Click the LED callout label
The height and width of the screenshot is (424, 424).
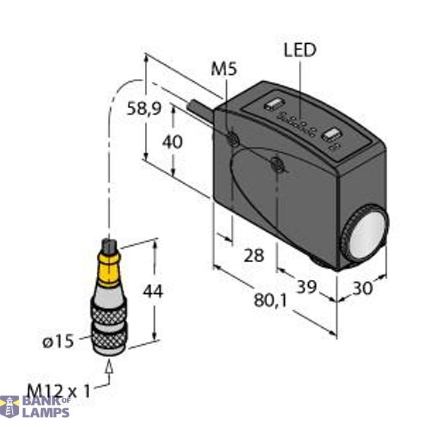click(300, 50)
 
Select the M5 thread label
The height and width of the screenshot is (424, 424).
click(225, 69)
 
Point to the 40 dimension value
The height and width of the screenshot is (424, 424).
click(172, 141)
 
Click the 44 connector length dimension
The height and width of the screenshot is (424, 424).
click(153, 290)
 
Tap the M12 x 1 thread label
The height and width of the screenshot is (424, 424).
click(60, 389)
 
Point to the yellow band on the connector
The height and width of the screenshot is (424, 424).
click(108, 271)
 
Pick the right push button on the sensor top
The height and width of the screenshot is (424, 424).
click(330, 134)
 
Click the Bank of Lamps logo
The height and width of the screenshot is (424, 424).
click(35, 406)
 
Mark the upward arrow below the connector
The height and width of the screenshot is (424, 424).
click(109, 367)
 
